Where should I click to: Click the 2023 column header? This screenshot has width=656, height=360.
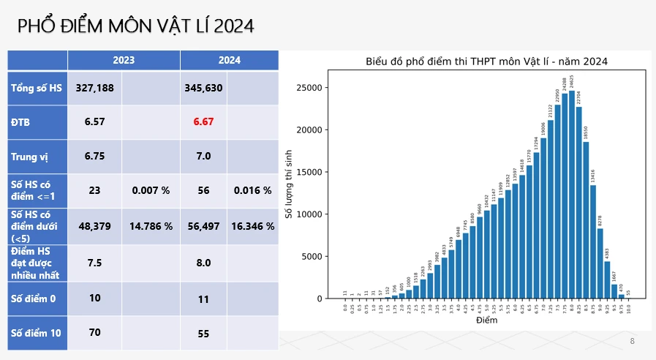[x=124, y=60]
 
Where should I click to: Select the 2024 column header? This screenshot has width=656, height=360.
[x=230, y=60]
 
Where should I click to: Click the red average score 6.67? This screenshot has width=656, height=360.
[x=203, y=121]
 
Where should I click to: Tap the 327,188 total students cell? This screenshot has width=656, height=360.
[x=94, y=88]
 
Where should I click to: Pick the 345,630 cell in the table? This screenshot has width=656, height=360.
[x=203, y=88]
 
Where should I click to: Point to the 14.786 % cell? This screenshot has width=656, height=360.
[x=151, y=226]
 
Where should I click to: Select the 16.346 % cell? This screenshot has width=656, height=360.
[x=252, y=226]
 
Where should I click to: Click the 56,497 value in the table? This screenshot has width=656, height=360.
[x=203, y=226]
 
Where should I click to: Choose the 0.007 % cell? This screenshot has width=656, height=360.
[x=151, y=190]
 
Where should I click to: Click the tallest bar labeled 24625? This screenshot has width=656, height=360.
[x=571, y=194]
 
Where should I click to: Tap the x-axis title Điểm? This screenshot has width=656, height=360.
[x=486, y=320]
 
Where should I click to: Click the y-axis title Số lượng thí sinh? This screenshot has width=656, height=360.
[x=288, y=183]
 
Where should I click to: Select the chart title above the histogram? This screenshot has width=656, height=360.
[x=486, y=61]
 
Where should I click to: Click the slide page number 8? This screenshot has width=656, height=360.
[x=633, y=342]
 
